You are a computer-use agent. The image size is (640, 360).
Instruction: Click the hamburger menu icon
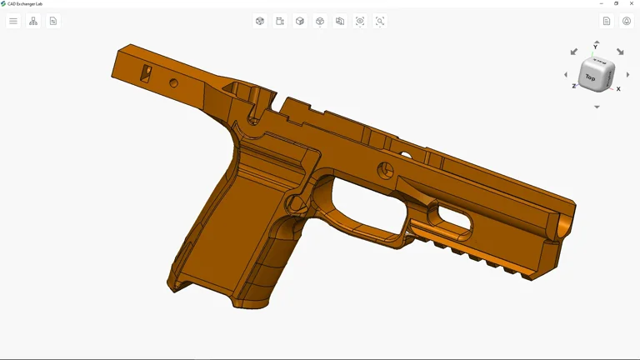click(13, 21)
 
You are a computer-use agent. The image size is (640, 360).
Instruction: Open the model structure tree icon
click(33, 21)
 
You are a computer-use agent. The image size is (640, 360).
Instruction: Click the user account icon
click(627, 21)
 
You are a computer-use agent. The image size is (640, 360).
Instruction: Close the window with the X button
click(632, 3)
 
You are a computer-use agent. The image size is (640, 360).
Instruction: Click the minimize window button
click(602, 3)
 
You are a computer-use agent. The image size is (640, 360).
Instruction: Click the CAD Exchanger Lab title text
click(25, 3)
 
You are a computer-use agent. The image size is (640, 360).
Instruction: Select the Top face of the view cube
click(591, 77)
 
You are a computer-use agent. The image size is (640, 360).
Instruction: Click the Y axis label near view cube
click(596, 47)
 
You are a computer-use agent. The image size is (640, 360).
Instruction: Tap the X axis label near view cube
click(618, 88)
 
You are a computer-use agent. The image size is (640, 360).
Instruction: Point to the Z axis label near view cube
click(573, 86)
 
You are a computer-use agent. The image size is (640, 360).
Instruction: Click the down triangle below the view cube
click(597, 107)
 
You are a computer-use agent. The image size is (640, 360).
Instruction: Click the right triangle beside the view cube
click(627, 75)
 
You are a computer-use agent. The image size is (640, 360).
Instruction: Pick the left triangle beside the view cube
click(566, 75)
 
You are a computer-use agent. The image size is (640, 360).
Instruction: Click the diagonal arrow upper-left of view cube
click(574, 52)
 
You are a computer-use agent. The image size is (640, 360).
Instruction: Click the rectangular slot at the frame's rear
click(146, 74)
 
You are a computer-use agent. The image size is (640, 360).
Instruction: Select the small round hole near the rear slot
click(173, 82)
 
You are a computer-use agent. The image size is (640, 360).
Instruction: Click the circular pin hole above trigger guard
click(385, 170)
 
